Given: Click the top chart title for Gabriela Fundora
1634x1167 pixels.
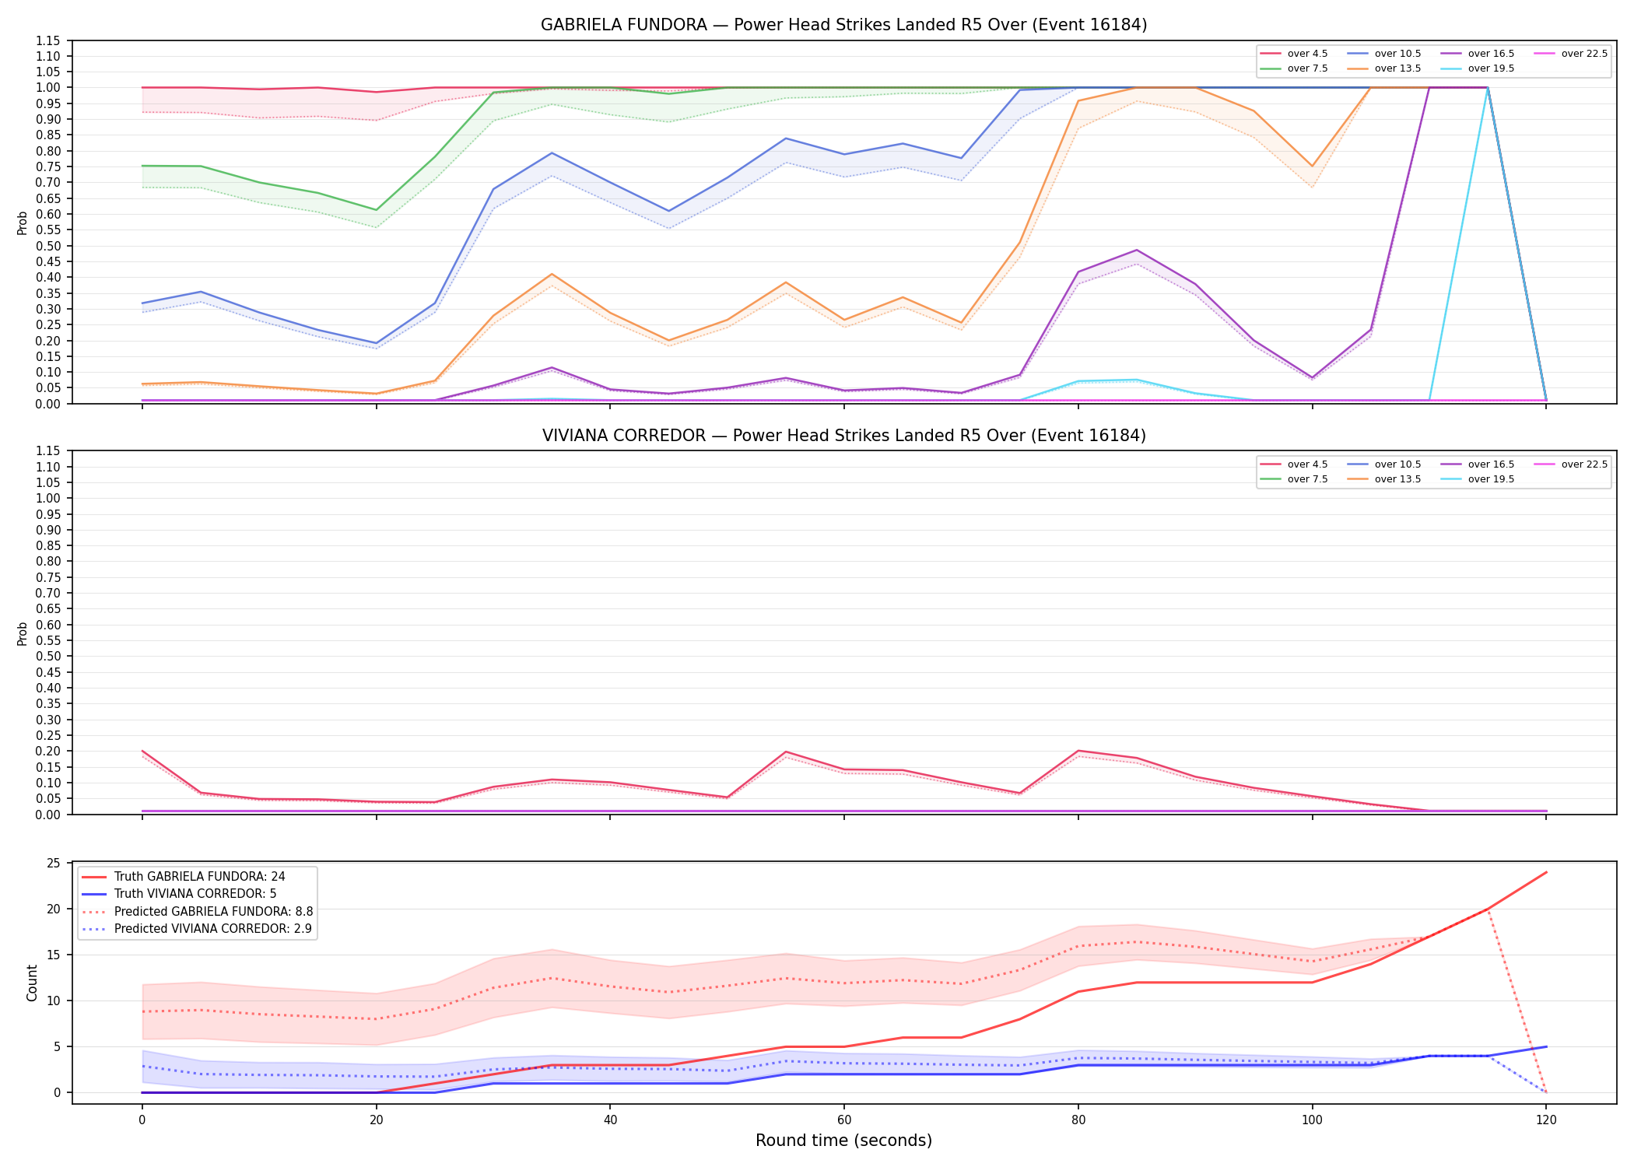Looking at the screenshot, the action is [843, 25].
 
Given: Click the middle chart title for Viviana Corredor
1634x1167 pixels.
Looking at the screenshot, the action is [843, 436].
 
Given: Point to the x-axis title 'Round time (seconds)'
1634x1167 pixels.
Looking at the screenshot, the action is [843, 1141].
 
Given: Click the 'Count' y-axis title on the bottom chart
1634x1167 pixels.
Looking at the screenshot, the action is [32, 983].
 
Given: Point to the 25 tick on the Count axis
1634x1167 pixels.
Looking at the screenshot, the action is [54, 863].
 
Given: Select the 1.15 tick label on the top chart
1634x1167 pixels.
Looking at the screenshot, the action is [47, 40].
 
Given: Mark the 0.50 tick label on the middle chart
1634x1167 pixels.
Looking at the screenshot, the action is [47, 656].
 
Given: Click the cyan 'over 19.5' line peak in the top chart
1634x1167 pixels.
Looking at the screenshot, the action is [1487, 88].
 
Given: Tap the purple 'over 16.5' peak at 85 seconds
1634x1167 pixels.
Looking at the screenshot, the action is [1136, 250].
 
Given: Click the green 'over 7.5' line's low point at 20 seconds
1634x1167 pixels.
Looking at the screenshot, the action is [377, 210].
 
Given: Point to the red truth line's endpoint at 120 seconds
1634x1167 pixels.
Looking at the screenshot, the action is [1545, 872].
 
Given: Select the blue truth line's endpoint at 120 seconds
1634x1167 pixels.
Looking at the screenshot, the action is [1545, 1046].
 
